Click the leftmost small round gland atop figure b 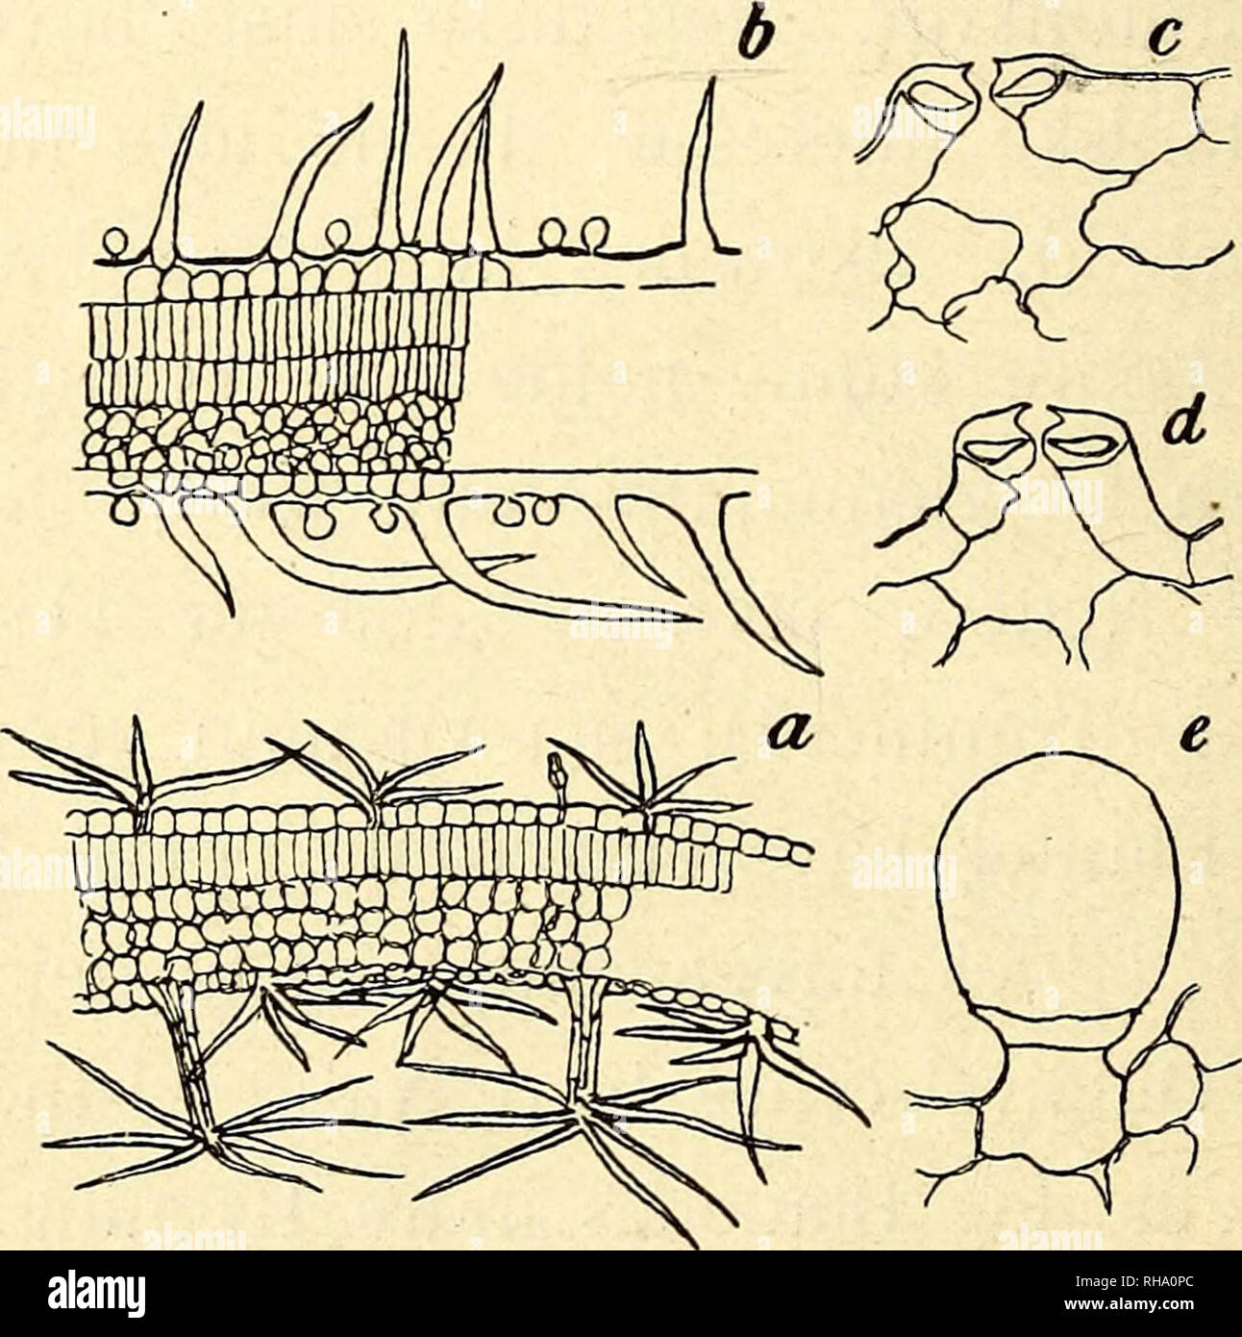point(116,242)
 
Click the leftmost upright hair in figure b point(178,183)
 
